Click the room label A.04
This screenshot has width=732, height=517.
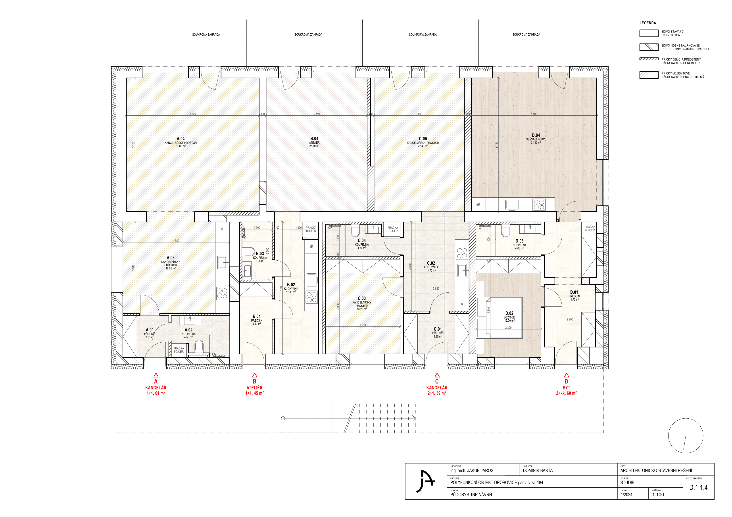[x=181, y=139]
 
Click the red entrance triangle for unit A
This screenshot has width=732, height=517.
[x=156, y=375]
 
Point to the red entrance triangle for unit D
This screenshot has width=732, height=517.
[x=566, y=375]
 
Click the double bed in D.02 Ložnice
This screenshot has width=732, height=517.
[x=499, y=318]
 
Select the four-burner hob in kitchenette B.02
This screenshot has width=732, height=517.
[x=311, y=297]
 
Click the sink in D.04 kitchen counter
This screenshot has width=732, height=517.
[x=512, y=205]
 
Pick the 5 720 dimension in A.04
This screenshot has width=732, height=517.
[x=192, y=114]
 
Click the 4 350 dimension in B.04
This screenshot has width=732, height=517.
[x=316, y=114]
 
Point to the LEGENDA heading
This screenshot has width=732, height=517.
[x=648, y=23]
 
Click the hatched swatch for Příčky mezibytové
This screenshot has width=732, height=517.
[x=649, y=75]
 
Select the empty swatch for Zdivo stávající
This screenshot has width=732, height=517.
[x=649, y=33]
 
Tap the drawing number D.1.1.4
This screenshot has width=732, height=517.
[x=698, y=488]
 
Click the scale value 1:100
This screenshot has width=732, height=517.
[x=658, y=495]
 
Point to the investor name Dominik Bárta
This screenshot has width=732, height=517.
[x=538, y=471]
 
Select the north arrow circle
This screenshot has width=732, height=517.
[x=686, y=436]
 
